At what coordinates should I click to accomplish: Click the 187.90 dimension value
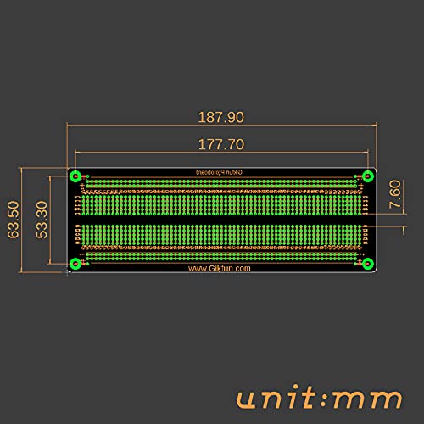point(220,117)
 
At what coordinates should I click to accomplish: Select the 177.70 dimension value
point(220,143)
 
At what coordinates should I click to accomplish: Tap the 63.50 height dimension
point(14,220)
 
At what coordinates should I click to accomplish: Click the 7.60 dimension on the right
point(393,196)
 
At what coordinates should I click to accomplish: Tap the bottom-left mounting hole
point(75,264)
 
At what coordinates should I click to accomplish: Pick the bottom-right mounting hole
point(367,264)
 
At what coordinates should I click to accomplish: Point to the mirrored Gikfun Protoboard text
point(220,171)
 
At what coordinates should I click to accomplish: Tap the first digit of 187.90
point(200,117)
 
